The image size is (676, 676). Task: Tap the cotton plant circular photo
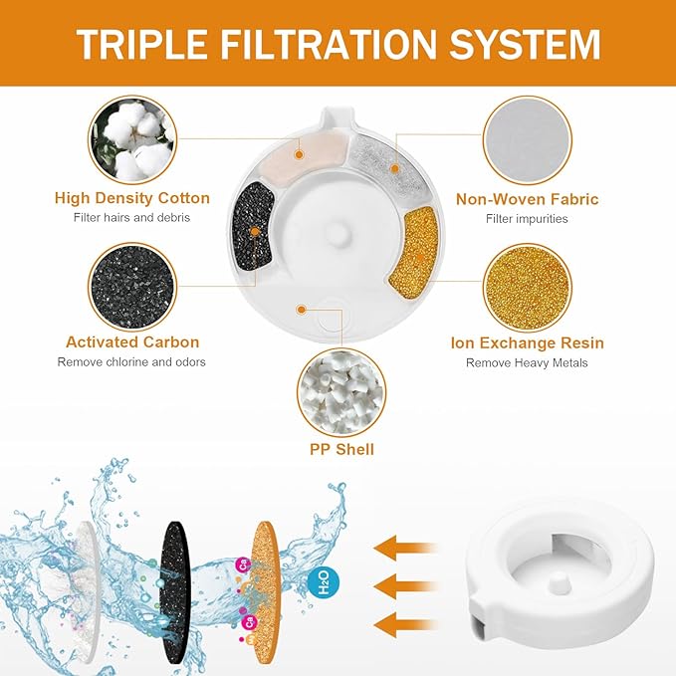[132, 141]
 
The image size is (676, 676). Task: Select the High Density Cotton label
[132, 198]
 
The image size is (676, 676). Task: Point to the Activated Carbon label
[132, 342]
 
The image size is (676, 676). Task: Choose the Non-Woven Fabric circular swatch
[527, 143]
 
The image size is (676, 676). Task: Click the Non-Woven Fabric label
[527, 199]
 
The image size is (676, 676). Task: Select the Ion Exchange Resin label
[527, 342]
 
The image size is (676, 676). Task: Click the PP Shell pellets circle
[338, 391]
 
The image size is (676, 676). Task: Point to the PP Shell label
[339, 450]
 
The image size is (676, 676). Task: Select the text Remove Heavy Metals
[527, 363]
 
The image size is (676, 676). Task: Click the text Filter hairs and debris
[132, 218]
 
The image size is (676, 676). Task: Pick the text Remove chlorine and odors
[132, 362]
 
